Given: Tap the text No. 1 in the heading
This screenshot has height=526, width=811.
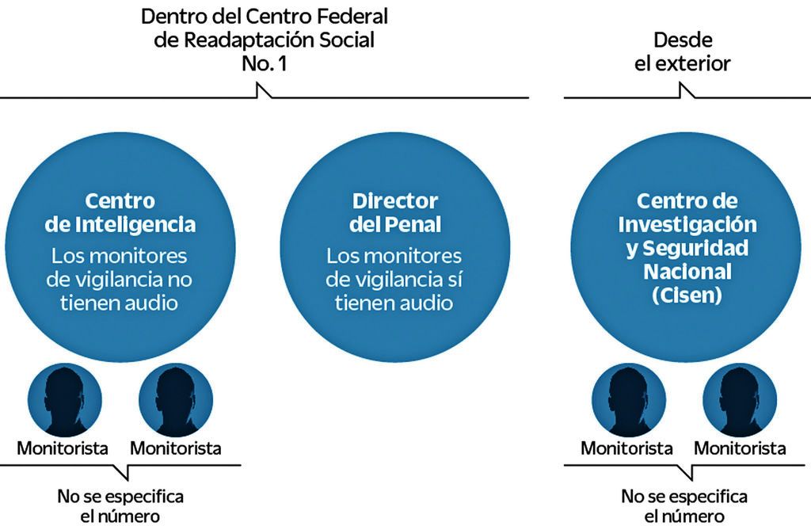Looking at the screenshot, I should point(265,63).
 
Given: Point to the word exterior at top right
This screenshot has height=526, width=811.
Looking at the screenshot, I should point(694,63).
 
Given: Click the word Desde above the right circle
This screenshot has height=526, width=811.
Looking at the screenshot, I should point(683,40).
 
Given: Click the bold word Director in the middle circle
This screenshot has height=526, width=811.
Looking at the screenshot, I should point(394,200).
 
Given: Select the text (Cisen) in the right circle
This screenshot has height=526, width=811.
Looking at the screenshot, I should point(687,295).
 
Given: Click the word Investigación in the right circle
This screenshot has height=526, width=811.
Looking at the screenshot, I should point(687,224).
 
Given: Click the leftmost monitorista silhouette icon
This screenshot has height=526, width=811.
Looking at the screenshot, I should point(64,399).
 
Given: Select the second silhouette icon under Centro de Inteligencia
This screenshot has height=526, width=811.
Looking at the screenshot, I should point(176,399).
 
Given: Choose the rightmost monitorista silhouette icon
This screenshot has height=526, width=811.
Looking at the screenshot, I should point(741,399).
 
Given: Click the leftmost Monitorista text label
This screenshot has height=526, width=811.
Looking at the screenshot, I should point(63,448).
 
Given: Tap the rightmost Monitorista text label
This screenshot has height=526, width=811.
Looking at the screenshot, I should point(740,448).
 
